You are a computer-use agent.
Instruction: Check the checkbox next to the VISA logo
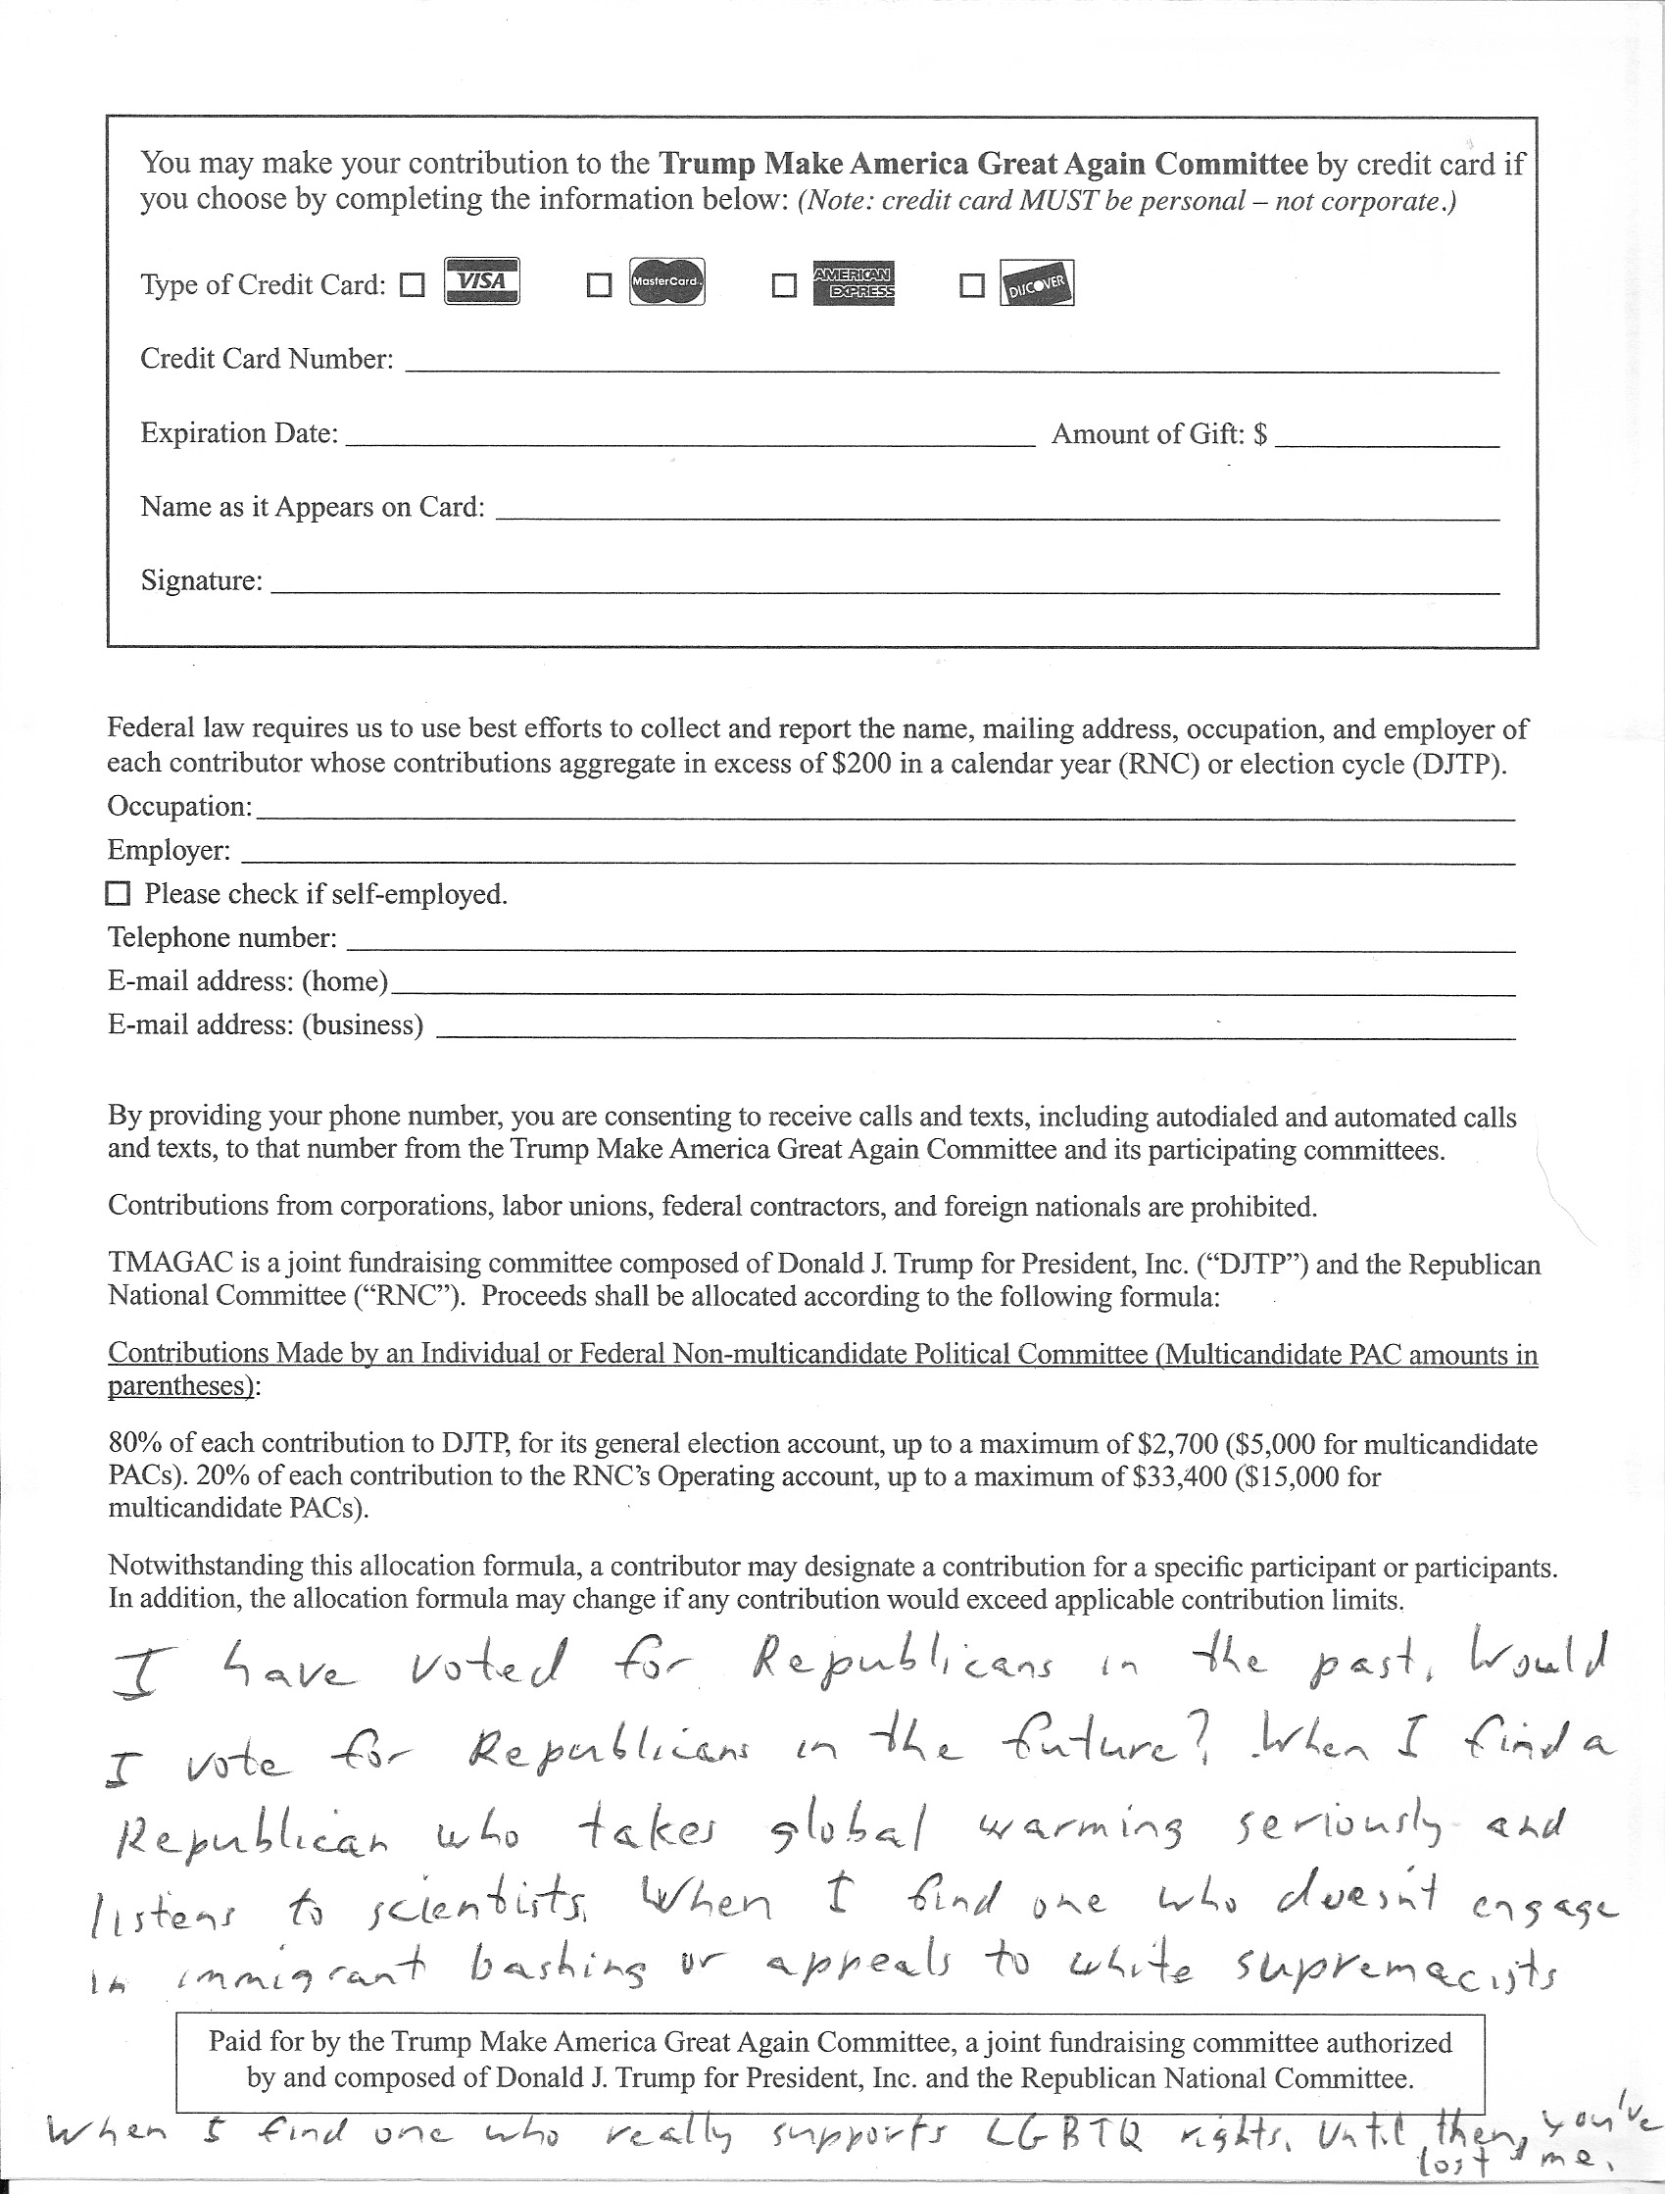(412, 285)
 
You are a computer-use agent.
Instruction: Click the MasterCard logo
(666, 282)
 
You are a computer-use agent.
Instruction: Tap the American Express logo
(853, 282)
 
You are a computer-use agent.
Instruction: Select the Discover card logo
(1036, 282)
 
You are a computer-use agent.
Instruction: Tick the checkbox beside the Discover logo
(972, 285)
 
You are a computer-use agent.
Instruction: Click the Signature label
(201, 580)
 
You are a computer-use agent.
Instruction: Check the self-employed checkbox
(118, 894)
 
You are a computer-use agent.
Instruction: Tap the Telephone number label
(222, 937)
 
